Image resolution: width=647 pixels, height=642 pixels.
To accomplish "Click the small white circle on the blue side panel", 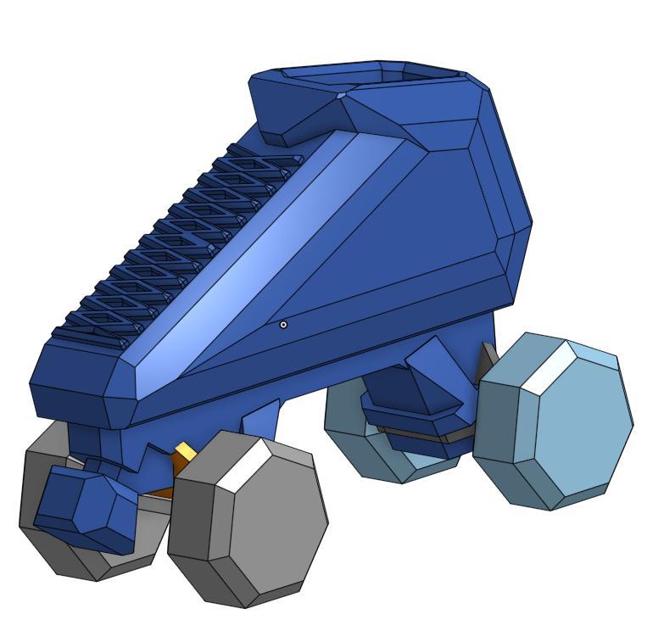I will [283, 324].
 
